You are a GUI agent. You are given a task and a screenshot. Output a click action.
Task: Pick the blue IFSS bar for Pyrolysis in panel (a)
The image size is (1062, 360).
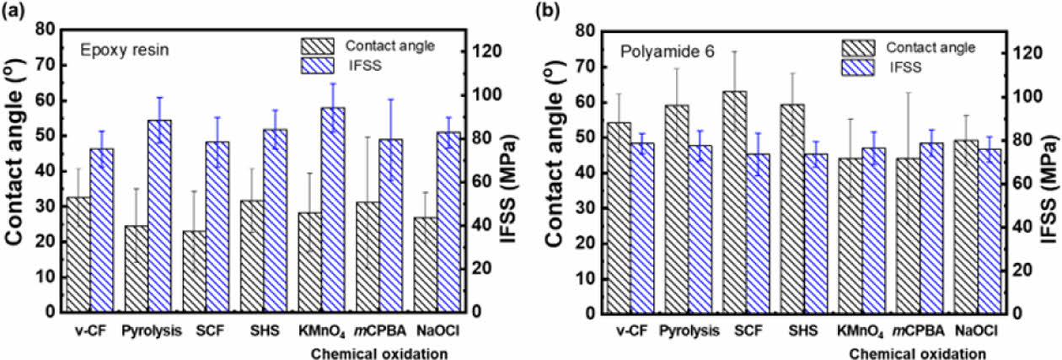coord(158,216)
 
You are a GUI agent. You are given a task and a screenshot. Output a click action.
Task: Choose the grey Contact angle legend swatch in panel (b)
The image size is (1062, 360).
coord(864,48)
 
